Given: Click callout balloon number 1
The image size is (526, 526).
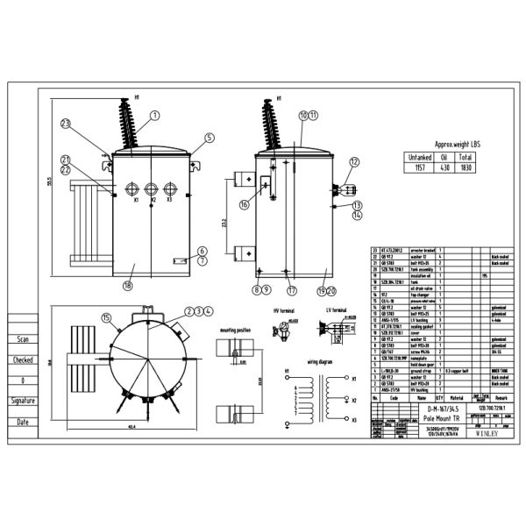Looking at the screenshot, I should [x=154, y=115].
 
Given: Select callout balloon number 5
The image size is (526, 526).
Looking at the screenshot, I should [x=210, y=138].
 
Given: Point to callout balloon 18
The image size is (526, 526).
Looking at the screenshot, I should [x=128, y=285].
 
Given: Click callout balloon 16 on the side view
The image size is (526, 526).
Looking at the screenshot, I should [x=245, y=203].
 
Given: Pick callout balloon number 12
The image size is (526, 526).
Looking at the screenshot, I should [x=354, y=161].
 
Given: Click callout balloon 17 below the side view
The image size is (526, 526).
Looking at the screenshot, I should [x=291, y=290].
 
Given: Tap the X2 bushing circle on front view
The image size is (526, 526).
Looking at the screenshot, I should [x=152, y=188].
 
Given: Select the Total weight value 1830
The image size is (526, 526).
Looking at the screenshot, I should [x=467, y=167].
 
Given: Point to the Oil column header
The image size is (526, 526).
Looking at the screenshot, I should [x=443, y=157].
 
